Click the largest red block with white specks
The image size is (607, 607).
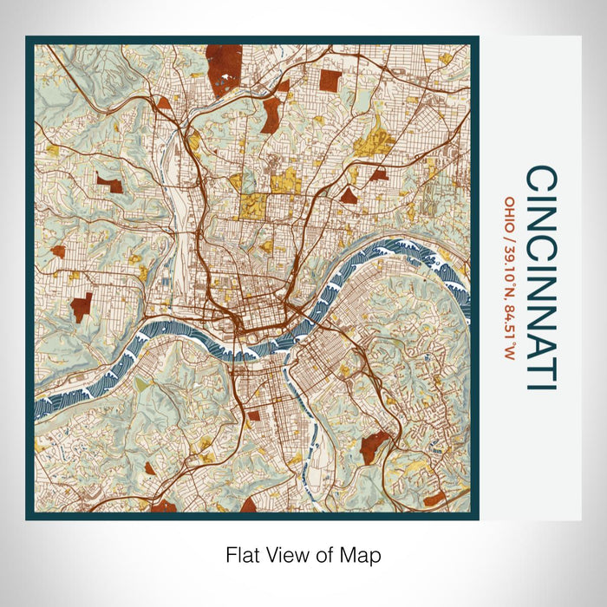pos(224,65)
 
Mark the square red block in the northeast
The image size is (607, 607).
pos(330,81)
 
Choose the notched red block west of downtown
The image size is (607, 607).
pos(82,307)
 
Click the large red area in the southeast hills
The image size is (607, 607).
pos(375,447)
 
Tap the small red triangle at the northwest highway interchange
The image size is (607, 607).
pos(164,102)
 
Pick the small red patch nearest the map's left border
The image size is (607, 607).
pos(57,251)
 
